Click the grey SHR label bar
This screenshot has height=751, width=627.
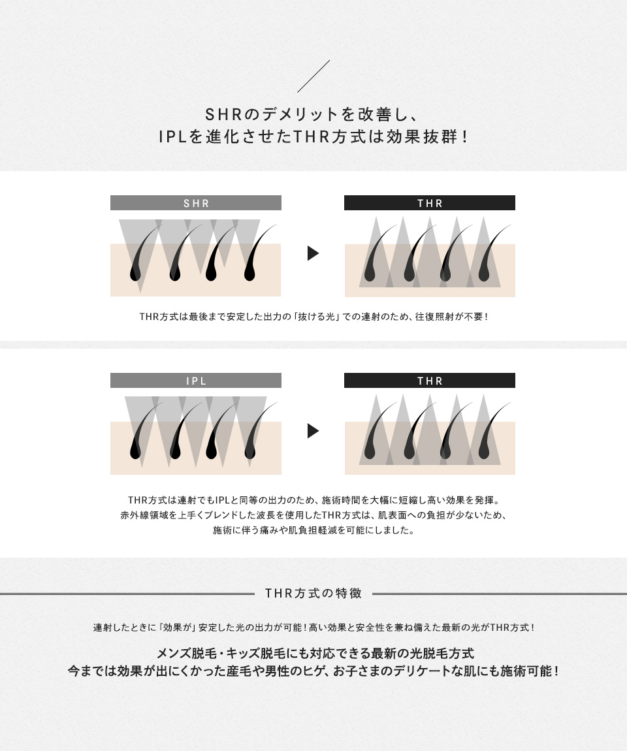[x=196, y=202]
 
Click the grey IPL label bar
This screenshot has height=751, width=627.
[x=196, y=380]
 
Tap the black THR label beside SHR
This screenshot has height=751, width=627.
[x=430, y=202]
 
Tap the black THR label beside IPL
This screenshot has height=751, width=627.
[x=430, y=380]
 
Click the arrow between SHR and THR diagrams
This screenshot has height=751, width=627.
[x=313, y=253]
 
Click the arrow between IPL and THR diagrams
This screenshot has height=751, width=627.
[x=313, y=431]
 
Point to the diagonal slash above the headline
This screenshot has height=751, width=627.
[x=313, y=76]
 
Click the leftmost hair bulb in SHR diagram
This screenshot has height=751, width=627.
[x=136, y=274]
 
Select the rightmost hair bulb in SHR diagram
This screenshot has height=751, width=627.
[x=249, y=274]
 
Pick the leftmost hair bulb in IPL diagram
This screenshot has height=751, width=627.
[x=136, y=452]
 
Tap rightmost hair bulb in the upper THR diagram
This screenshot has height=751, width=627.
[x=484, y=274]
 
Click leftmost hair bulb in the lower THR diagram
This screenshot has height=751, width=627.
[x=370, y=452]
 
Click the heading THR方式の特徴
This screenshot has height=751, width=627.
[x=313, y=594]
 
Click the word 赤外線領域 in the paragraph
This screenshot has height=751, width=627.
[x=144, y=515]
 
